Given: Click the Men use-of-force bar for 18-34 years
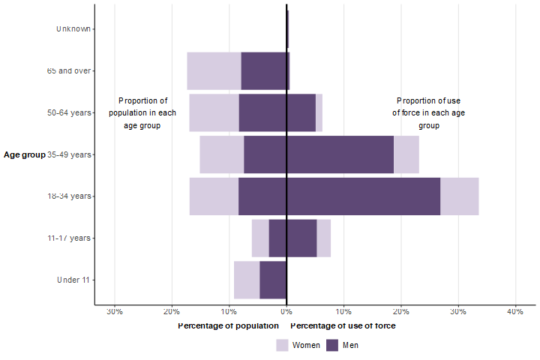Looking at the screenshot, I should click(x=363, y=196).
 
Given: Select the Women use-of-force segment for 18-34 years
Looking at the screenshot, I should click(x=459, y=196).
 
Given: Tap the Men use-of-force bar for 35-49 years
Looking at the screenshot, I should click(x=340, y=154).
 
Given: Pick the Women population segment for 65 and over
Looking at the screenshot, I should click(x=214, y=71).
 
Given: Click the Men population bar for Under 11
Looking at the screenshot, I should click(x=273, y=280).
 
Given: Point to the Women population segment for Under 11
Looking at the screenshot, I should click(x=247, y=280).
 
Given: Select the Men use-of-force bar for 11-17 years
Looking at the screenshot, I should click(x=301, y=238).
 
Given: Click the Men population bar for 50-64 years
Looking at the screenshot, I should click(x=262, y=112).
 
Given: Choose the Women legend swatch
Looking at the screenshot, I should click(x=282, y=345).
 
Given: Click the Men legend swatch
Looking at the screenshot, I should click(x=333, y=345).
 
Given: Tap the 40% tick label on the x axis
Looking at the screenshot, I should click(x=514, y=311).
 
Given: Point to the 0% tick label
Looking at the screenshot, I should click(x=286, y=311).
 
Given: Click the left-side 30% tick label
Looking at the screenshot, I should click(x=115, y=311).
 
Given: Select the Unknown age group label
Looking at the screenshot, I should click(x=73, y=29).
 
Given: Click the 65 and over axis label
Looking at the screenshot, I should click(x=69, y=71).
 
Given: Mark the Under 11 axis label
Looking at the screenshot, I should click(x=73, y=280).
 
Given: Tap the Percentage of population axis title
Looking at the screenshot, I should click(x=228, y=326).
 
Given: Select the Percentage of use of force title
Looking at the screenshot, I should click(x=343, y=326).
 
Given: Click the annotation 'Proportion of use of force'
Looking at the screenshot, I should click(x=430, y=112).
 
